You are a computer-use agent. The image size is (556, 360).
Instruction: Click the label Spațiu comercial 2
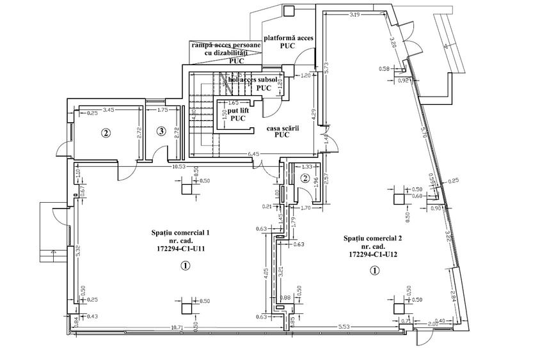coord(372,238)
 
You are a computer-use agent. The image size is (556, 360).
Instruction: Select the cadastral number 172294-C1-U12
coord(372,254)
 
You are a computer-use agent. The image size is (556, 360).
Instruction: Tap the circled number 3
coord(161,132)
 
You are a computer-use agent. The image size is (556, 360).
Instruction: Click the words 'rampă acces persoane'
coord(225,45)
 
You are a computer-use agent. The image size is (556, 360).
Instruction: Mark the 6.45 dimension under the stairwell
coord(253,153)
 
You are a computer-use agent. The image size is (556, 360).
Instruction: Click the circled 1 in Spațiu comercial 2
coord(375,270)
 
